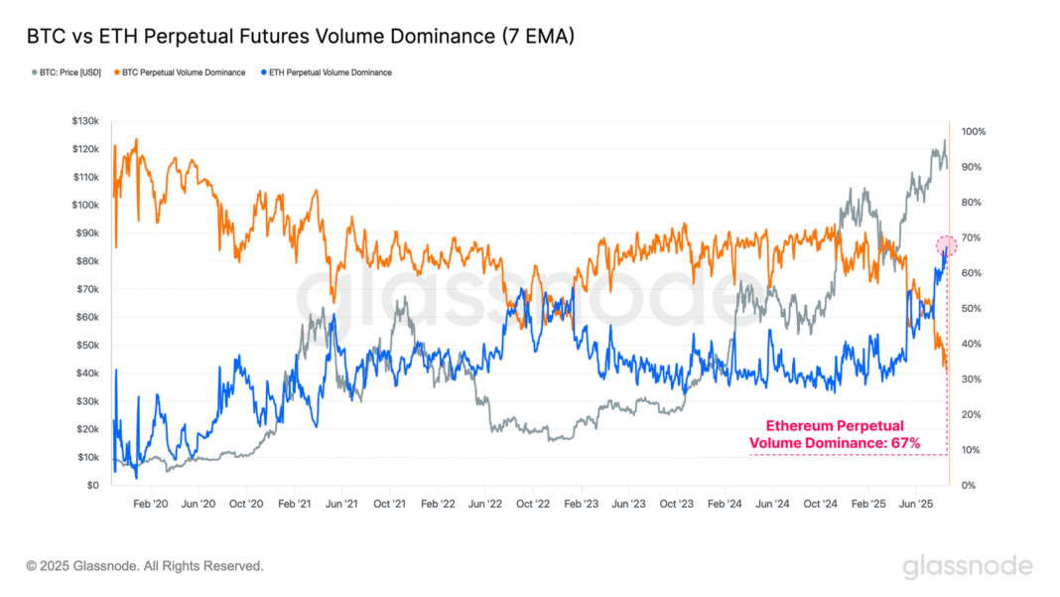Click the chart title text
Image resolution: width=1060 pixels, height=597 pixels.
pyautogui.click(x=301, y=36)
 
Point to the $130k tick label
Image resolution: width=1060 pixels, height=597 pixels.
pyautogui.click(x=85, y=121)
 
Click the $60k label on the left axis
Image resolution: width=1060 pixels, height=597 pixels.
pyautogui.click(x=87, y=317)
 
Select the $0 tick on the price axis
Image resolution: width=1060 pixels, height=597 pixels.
pyautogui.click(x=92, y=486)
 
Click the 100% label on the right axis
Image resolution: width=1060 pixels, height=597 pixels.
pyautogui.click(x=972, y=131)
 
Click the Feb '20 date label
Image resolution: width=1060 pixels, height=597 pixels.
pyautogui.click(x=151, y=505)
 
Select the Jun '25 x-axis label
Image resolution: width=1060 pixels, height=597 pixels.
pyautogui.click(x=915, y=505)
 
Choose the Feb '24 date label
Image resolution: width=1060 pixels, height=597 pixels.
pyautogui.click(x=724, y=505)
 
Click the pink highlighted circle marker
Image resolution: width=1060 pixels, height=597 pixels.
pyautogui.click(x=947, y=244)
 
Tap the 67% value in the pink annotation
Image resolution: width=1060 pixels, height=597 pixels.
pyautogui.click(x=905, y=442)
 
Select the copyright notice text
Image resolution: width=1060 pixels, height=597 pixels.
pyautogui.click(x=145, y=566)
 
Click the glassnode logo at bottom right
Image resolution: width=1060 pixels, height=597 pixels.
pyautogui.click(x=967, y=566)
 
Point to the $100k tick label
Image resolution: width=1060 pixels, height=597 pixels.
pyautogui.click(x=85, y=205)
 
